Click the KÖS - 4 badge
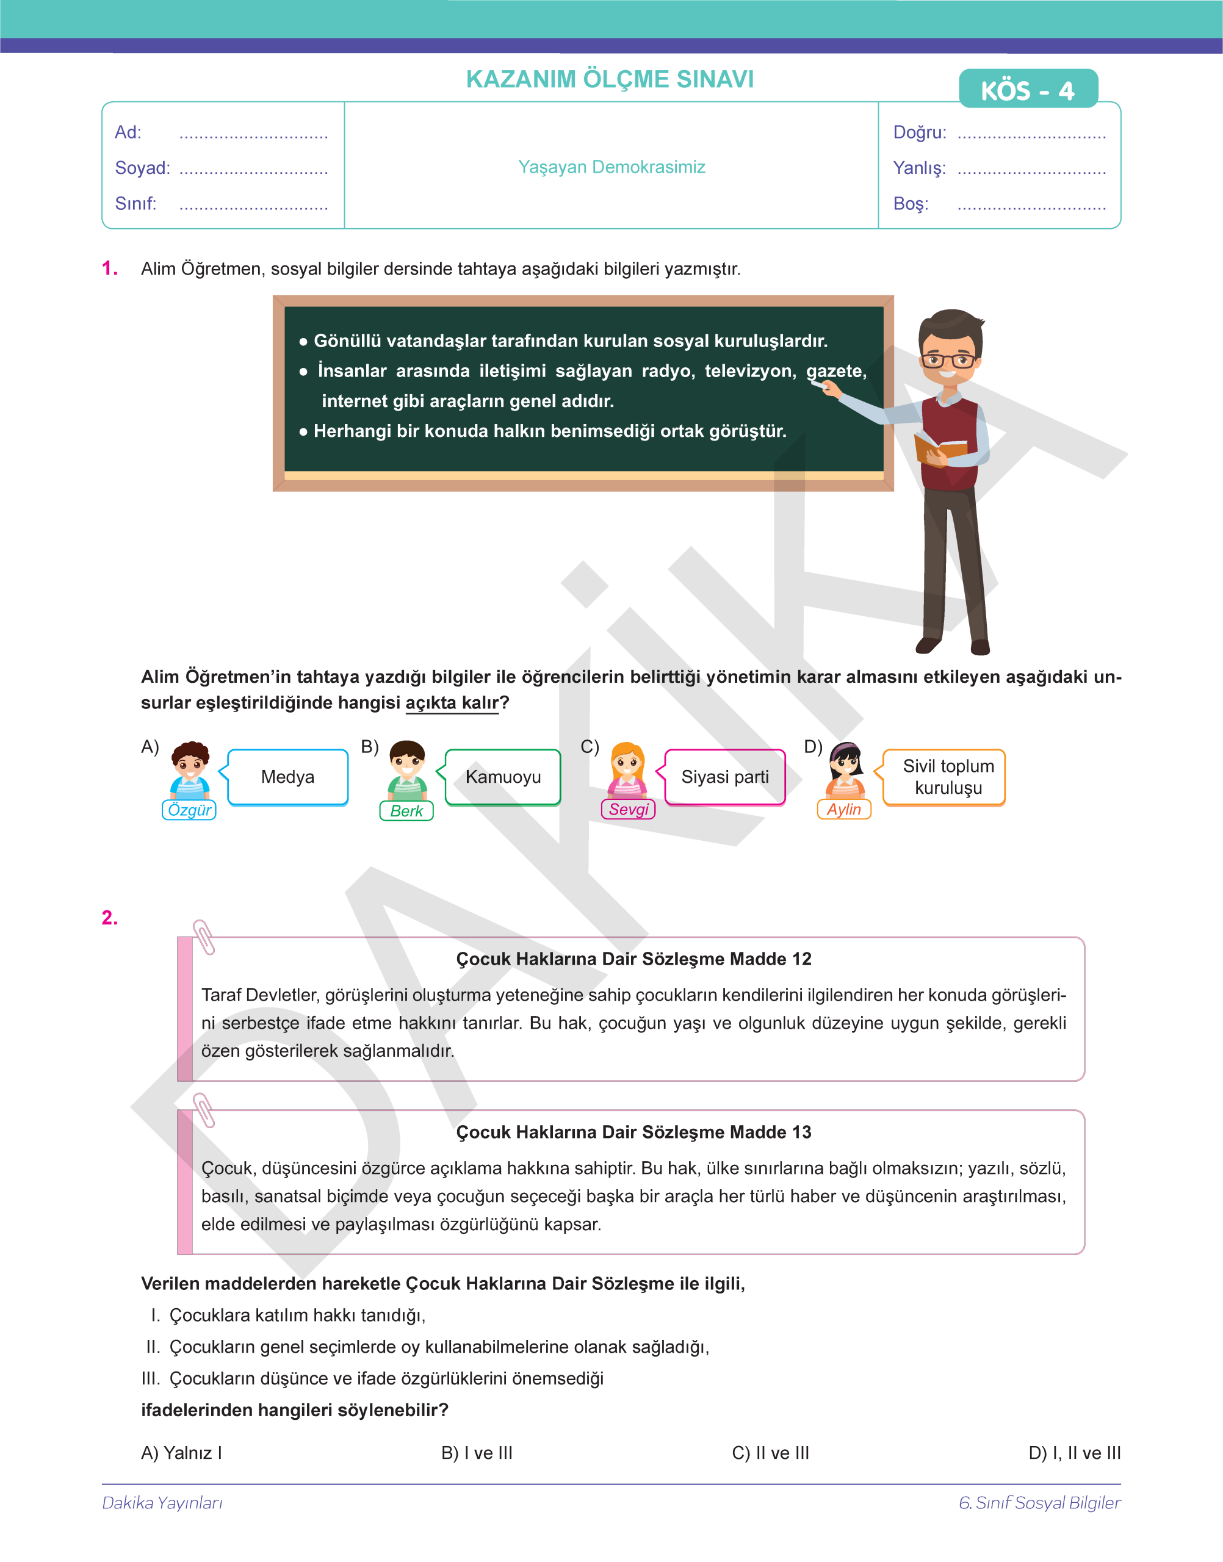coord(1028,90)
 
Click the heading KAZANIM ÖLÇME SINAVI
coord(610,79)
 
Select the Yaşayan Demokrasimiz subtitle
coord(611,167)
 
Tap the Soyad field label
coord(142,168)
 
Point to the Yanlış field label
coord(918,168)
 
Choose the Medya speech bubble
coord(288,777)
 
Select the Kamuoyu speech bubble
coord(503,777)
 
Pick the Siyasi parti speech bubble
coord(724,777)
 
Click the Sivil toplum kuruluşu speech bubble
coord(947,777)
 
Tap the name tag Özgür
coord(189,810)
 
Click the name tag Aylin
coord(843,809)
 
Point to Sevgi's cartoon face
coord(627,761)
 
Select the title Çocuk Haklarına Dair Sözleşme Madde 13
coord(633,1132)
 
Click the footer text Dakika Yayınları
coord(162,1503)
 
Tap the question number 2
coord(110,918)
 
